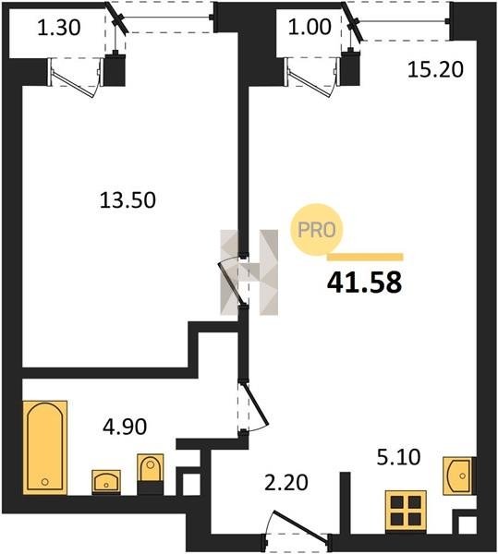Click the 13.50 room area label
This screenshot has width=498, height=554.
click(x=128, y=200)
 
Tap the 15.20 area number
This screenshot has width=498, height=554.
click(x=435, y=69)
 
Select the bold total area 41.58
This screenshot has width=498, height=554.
click(x=364, y=283)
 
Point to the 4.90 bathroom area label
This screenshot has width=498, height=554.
click(x=125, y=427)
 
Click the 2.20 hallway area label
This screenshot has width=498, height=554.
click(x=286, y=483)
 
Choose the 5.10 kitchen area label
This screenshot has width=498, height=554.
click(x=399, y=457)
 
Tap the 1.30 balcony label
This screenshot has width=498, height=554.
click(x=59, y=27)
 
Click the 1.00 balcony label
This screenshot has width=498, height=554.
click(x=310, y=27)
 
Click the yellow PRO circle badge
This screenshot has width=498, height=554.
click(x=317, y=230)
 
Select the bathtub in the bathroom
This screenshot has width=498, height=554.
click(x=45, y=447)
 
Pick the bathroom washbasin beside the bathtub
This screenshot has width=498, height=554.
click(x=106, y=482)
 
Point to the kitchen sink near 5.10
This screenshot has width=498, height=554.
click(x=458, y=476)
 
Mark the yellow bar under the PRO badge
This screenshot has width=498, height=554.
click(x=365, y=257)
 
